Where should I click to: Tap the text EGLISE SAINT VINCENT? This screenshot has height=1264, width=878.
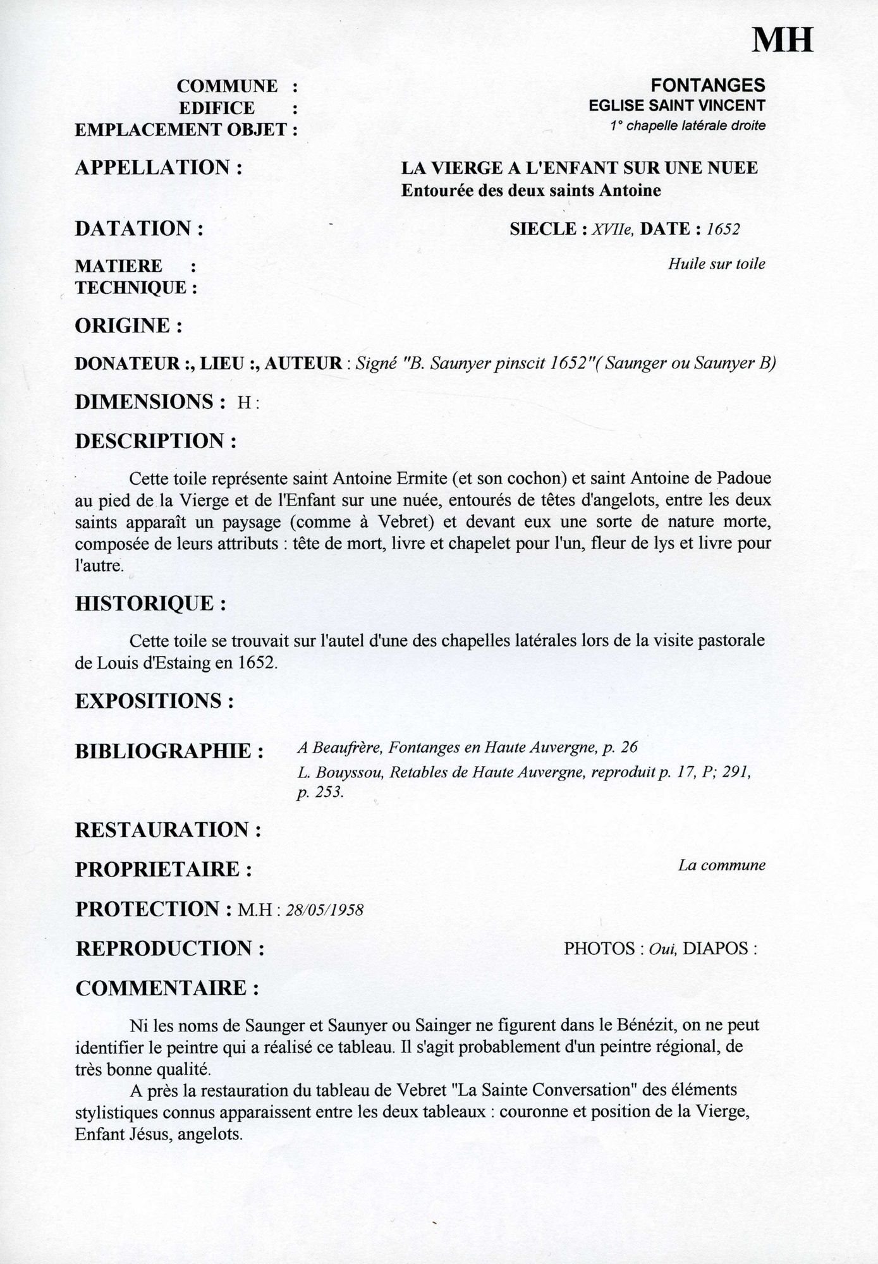pyautogui.click(x=677, y=106)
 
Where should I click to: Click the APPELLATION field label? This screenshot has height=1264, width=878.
pyautogui.click(x=159, y=168)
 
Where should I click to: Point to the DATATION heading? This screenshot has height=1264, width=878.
pyautogui.click(x=140, y=228)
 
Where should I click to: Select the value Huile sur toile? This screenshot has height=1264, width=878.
pyautogui.click(x=716, y=264)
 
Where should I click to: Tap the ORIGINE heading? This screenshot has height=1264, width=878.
pyautogui.click(x=129, y=326)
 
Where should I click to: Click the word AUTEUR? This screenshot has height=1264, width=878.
pyautogui.click(x=303, y=364)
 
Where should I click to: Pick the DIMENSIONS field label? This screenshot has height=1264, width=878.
pyautogui.click(x=150, y=402)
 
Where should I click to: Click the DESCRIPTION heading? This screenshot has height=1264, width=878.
pyautogui.click(x=156, y=441)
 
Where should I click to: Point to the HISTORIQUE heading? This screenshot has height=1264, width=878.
pyautogui.click(x=151, y=603)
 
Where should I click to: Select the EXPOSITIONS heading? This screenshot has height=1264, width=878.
pyautogui.click(x=155, y=701)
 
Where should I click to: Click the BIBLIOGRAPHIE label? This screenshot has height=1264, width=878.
pyautogui.click(x=169, y=751)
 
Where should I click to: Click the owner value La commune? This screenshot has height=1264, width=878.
pyautogui.click(x=721, y=865)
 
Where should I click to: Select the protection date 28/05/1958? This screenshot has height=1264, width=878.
pyautogui.click(x=325, y=910)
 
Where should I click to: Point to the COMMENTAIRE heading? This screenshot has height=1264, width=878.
pyautogui.click(x=167, y=988)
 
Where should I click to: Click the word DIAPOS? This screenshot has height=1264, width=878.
pyautogui.click(x=717, y=949)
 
